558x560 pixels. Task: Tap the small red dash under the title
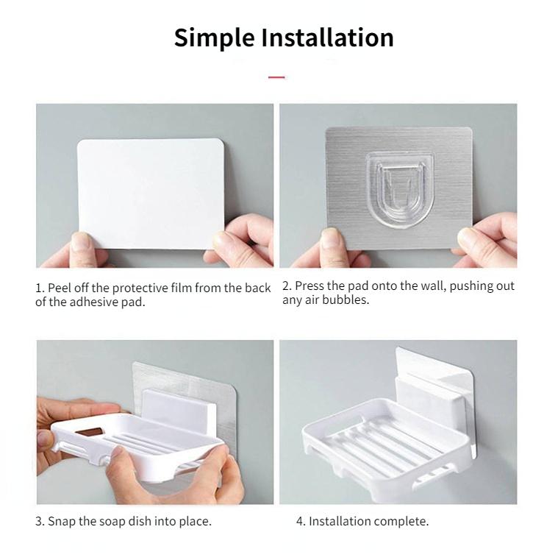[x=276, y=77]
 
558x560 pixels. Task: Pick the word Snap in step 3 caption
[x=62, y=521]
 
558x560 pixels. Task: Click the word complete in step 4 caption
[x=401, y=521]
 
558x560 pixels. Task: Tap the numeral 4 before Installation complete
[x=299, y=521]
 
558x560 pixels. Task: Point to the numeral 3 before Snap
[x=39, y=521]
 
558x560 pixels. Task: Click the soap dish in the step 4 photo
[x=382, y=442]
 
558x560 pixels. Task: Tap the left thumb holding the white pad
[x=82, y=243]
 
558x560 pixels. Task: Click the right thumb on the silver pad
[x=468, y=238]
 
